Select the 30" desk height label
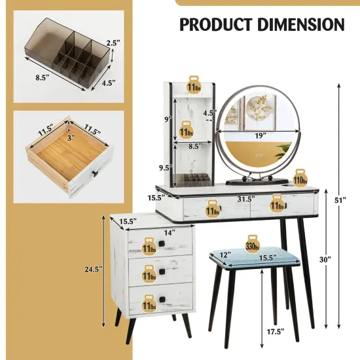tap(325, 259)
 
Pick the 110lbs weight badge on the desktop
tap(300, 179)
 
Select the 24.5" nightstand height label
tap(98, 269)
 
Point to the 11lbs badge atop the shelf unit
tap(194, 86)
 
